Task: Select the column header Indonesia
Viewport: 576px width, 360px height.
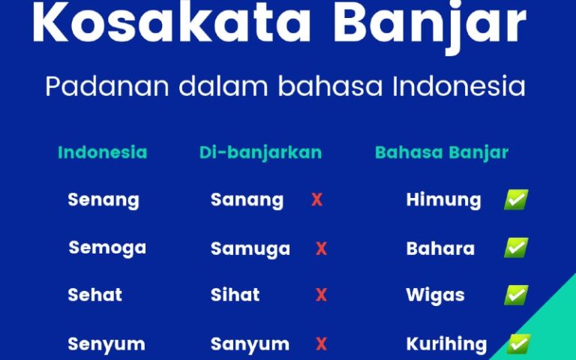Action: tap(102, 152)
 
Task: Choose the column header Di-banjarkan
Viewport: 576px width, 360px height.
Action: tap(260, 152)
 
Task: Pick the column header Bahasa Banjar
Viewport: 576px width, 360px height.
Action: tap(441, 152)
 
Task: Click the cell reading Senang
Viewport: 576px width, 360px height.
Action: tap(103, 200)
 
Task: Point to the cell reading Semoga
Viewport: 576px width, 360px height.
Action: tap(107, 247)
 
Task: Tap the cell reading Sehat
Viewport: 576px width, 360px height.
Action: tap(95, 295)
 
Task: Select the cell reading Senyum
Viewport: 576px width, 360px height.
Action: tap(106, 344)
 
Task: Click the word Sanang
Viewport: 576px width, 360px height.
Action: tap(247, 200)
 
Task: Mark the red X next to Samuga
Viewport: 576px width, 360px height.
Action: tap(321, 249)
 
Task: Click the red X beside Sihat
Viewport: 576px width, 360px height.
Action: tap(321, 295)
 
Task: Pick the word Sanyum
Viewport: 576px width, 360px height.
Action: tap(250, 344)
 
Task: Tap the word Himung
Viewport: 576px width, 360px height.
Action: tap(443, 200)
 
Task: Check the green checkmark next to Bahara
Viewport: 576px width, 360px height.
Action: tap(516, 247)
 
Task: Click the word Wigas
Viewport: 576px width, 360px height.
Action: tap(435, 295)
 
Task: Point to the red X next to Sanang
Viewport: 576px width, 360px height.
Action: tap(316, 200)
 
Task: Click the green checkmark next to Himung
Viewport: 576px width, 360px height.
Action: tap(516, 199)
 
